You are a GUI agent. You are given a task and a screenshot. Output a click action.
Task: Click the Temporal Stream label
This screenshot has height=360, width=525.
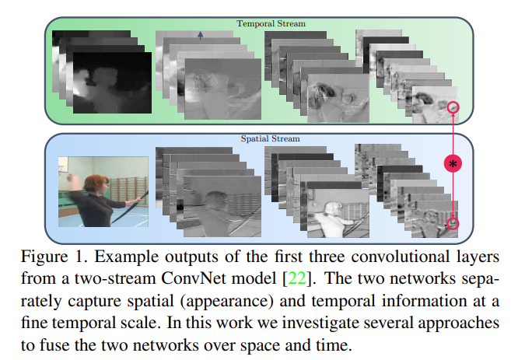coord(271,23)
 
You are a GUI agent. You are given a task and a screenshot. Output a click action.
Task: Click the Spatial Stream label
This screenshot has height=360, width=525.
coord(271,139)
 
